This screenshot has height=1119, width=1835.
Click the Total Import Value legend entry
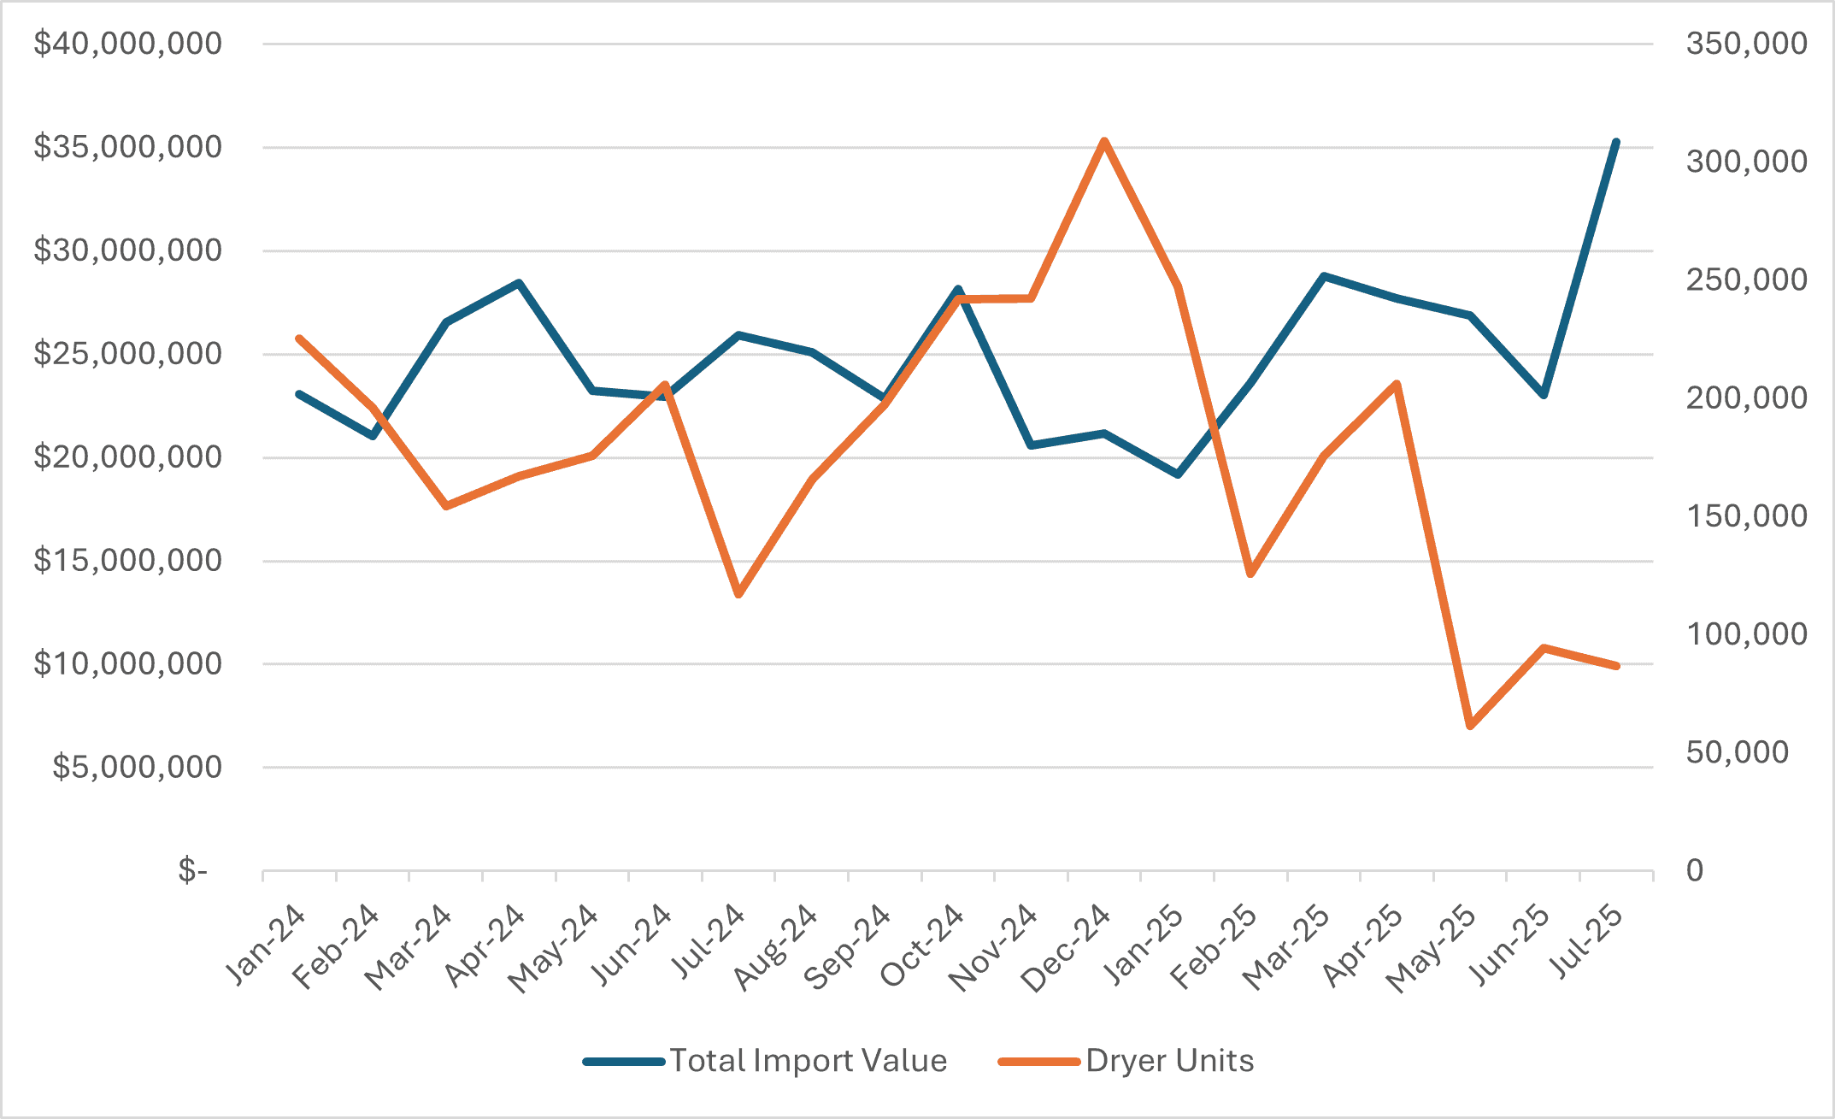tap(808, 1061)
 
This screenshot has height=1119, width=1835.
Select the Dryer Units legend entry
tap(1169, 1061)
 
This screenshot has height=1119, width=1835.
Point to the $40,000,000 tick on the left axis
tap(128, 44)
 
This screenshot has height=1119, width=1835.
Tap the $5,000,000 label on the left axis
tap(138, 767)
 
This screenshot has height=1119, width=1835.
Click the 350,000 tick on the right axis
tap(1746, 44)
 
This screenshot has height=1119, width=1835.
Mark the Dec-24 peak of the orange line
tap(1104, 141)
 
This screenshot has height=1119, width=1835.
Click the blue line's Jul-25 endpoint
tap(1616, 142)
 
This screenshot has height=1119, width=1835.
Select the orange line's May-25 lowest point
tap(1470, 726)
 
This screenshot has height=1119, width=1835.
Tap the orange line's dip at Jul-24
tap(739, 594)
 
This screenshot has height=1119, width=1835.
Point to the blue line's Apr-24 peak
tap(519, 282)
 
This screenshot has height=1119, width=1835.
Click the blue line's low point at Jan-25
tap(1178, 474)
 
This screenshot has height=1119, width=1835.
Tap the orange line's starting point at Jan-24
tap(299, 339)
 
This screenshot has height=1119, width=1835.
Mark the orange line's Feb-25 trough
tap(1250, 574)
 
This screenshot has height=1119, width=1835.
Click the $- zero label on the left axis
tap(192, 870)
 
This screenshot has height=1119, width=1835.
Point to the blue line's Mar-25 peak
tap(1324, 276)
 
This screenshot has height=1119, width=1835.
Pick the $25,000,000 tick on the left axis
tap(128, 354)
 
